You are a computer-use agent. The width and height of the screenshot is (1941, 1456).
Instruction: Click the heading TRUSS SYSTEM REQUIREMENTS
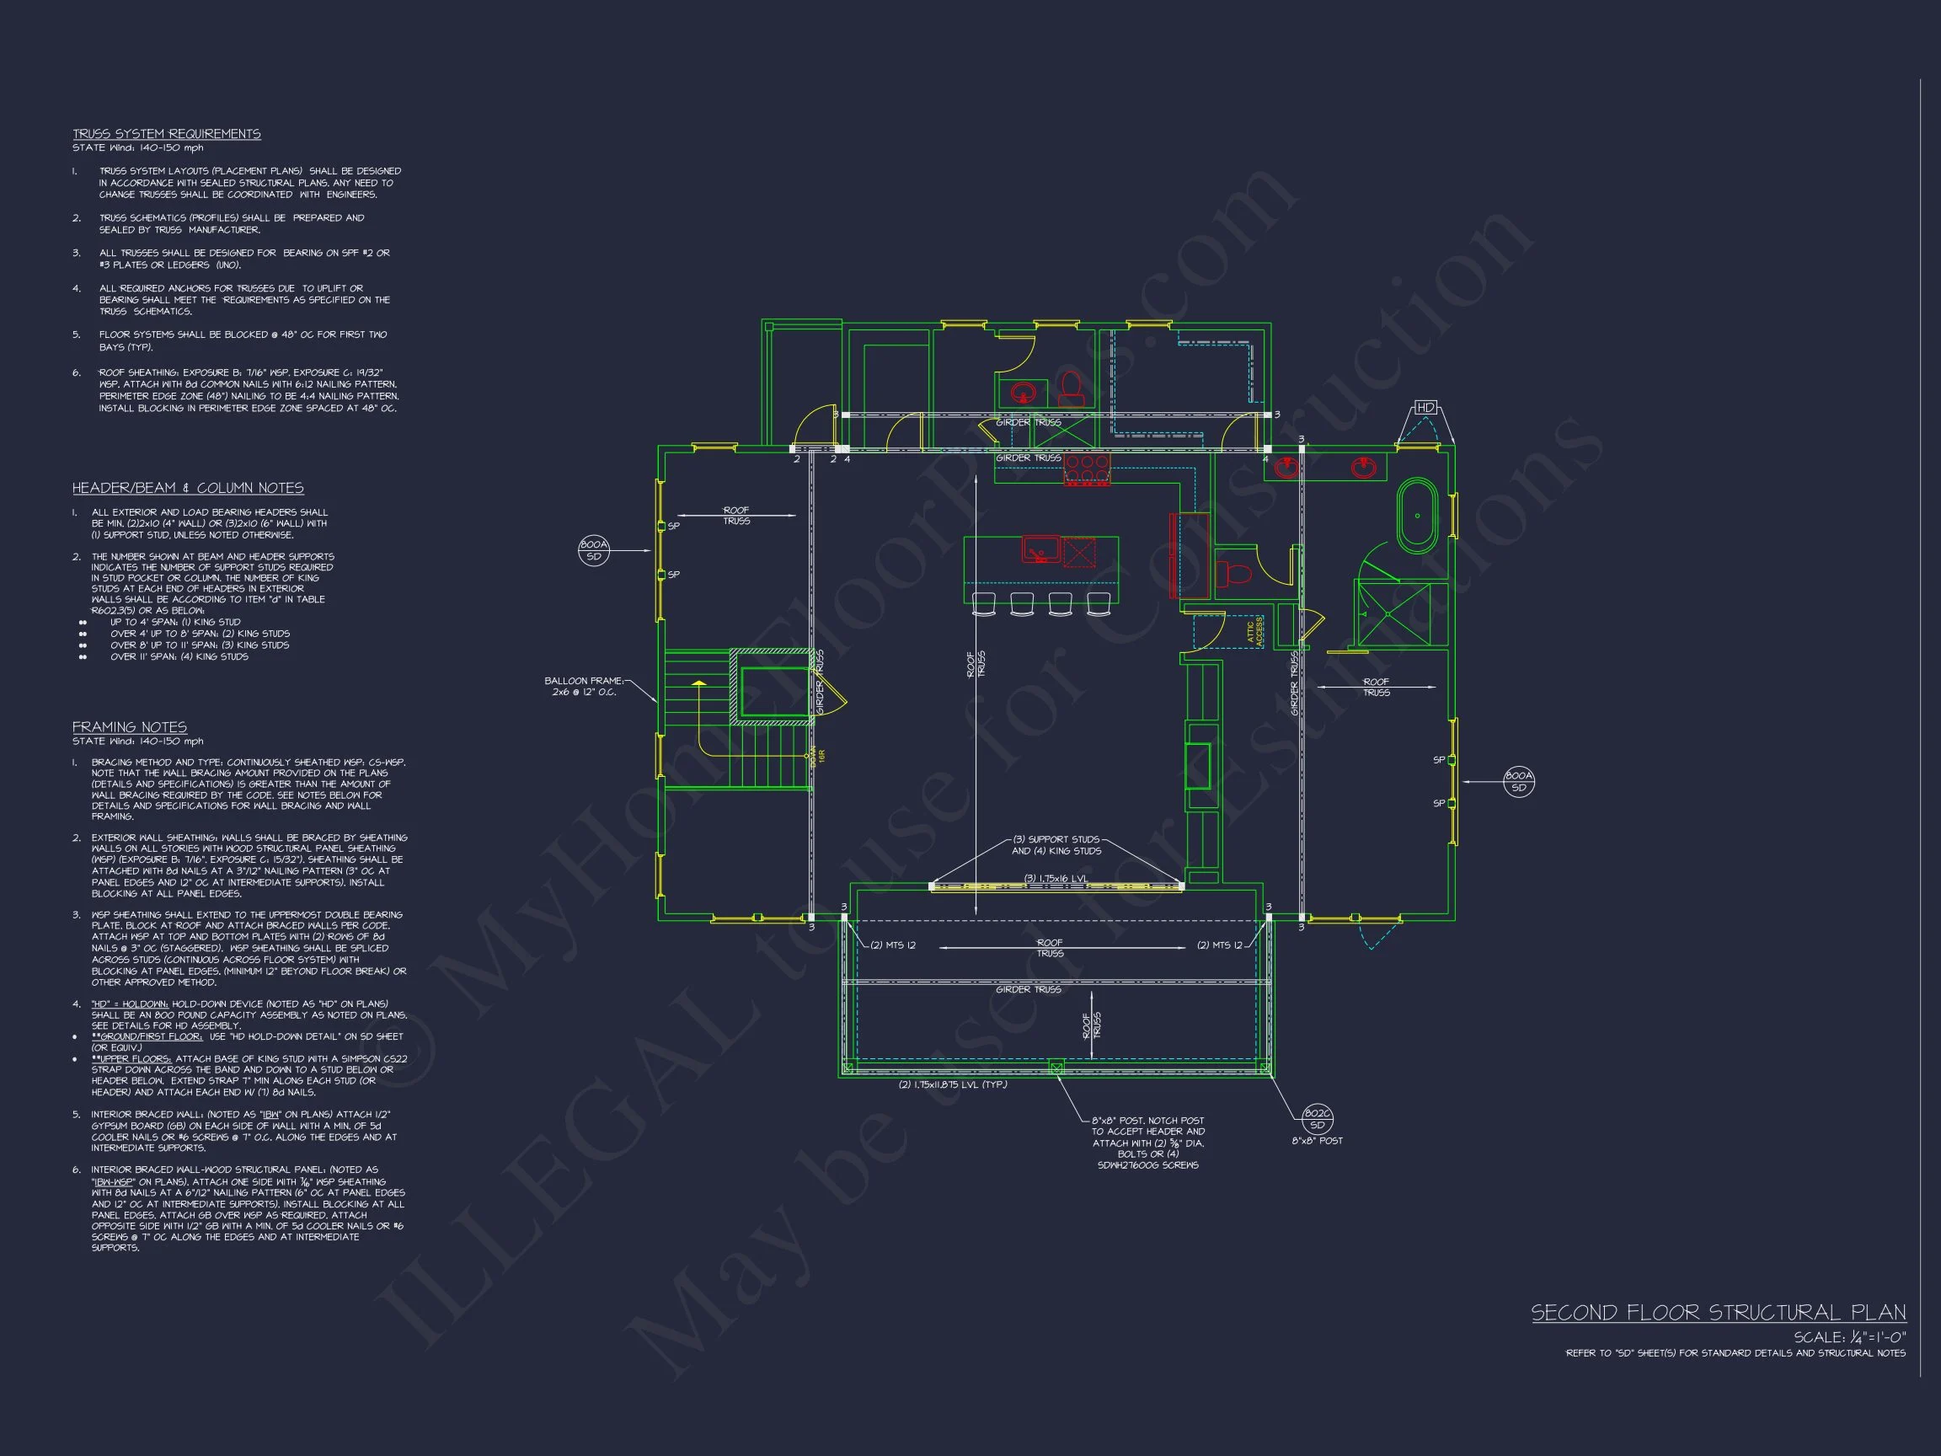(167, 134)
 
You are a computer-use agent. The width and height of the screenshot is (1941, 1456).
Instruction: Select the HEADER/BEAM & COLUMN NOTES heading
(188, 488)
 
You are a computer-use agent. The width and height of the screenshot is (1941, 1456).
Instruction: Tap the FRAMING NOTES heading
(129, 726)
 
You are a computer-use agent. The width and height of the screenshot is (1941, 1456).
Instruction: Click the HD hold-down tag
(1425, 408)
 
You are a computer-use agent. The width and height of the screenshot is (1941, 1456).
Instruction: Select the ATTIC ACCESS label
(1254, 630)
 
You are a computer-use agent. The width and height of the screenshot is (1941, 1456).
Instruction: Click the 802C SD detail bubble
(1317, 1119)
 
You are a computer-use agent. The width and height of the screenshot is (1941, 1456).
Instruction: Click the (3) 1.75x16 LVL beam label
(1056, 879)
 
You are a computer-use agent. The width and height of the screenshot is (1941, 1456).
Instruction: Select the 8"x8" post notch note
(1147, 1143)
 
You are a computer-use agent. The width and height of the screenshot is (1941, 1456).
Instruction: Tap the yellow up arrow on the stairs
(698, 682)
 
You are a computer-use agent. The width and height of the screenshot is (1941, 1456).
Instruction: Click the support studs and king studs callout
(1056, 845)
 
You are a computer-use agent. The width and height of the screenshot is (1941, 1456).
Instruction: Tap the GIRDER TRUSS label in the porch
(1028, 989)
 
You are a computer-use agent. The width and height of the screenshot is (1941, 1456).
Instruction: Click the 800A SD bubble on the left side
(593, 550)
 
